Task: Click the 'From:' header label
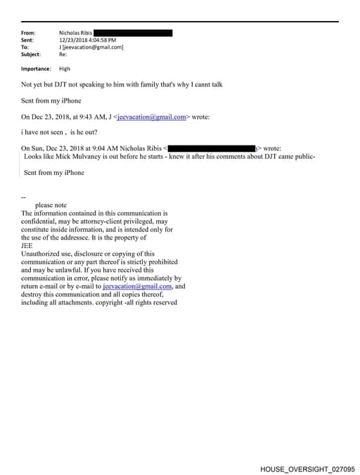(x=29, y=33)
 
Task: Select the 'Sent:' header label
(x=28, y=40)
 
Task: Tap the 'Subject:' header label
(x=31, y=54)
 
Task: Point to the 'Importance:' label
(x=36, y=69)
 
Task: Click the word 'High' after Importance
(x=65, y=69)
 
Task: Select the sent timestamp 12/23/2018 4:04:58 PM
(x=88, y=40)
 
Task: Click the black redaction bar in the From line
(x=133, y=33)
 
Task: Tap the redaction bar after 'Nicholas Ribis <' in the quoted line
(x=212, y=148)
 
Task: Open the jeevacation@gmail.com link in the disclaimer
(x=137, y=287)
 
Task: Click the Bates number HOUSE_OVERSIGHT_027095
(x=307, y=468)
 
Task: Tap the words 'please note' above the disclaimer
(x=51, y=205)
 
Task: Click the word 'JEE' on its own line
(x=27, y=246)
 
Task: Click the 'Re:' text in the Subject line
(x=63, y=54)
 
